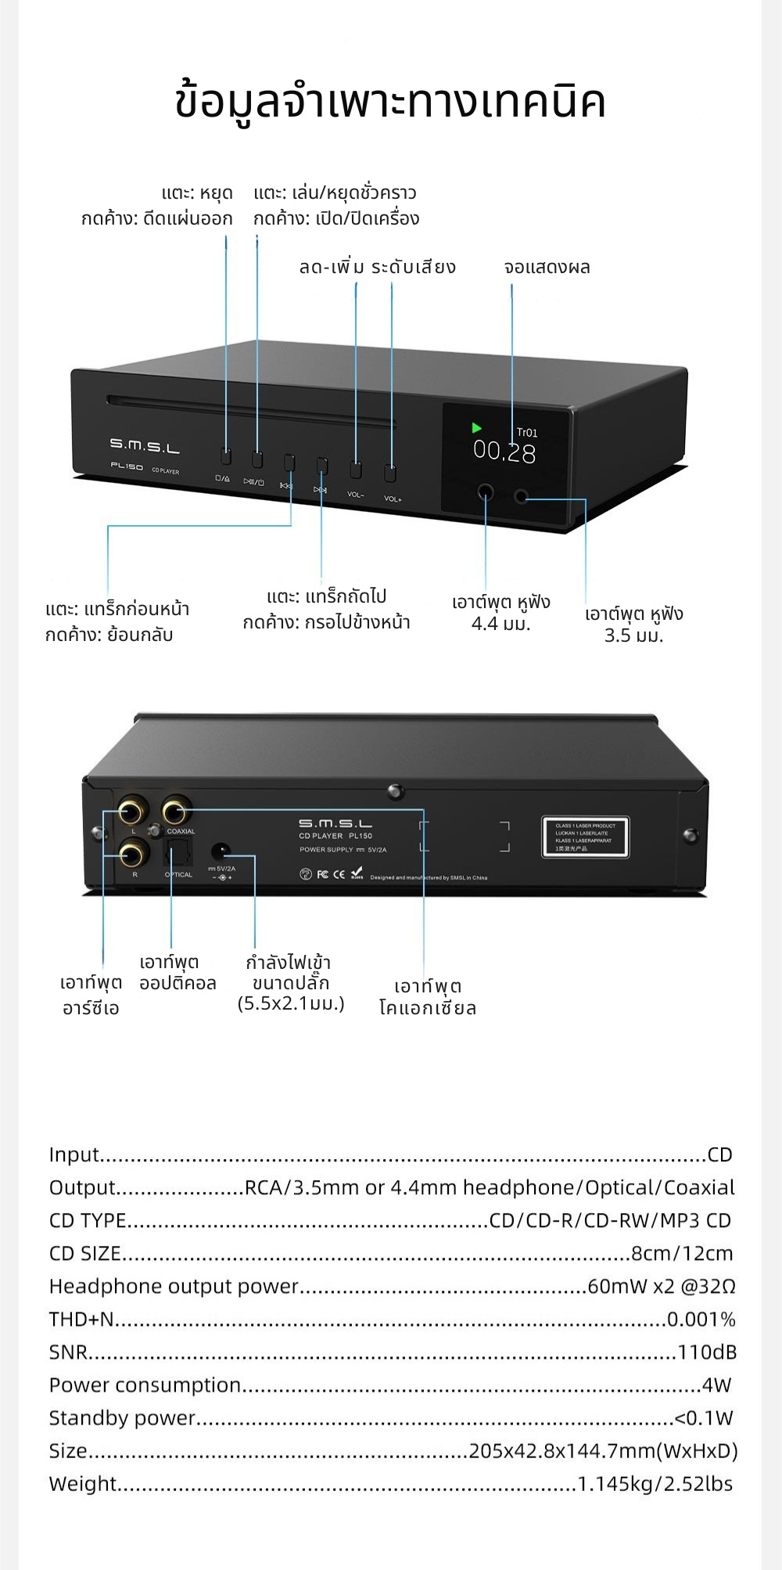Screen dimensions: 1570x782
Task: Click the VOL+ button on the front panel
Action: click(x=390, y=473)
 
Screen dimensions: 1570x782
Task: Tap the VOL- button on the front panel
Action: click(x=356, y=470)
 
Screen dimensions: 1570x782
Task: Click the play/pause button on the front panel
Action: click(x=256, y=459)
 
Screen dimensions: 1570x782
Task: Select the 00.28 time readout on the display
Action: click(x=504, y=452)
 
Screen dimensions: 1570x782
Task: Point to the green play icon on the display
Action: click(x=476, y=428)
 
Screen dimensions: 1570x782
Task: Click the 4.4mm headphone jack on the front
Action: click(x=486, y=493)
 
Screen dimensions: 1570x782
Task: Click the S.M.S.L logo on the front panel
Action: click(x=144, y=446)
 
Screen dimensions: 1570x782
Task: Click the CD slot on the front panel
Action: click(x=250, y=412)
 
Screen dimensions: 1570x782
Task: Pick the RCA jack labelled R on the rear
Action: click(x=132, y=854)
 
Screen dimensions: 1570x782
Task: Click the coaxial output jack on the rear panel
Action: click(x=176, y=811)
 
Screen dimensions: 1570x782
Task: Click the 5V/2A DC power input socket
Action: click(x=221, y=852)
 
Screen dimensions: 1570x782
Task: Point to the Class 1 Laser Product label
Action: click(x=585, y=837)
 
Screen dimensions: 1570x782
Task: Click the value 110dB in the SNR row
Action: click(x=706, y=1352)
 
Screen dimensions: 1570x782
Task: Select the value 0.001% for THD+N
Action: click(x=701, y=1320)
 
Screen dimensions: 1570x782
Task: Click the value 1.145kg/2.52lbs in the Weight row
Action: click(x=655, y=1484)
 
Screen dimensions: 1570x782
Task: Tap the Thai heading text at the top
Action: click(x=390, y=103)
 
